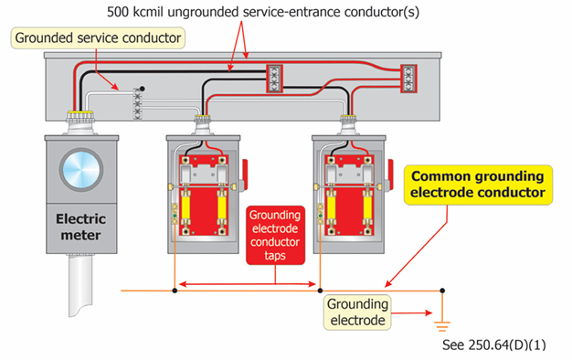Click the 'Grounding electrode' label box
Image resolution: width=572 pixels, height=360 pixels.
359,312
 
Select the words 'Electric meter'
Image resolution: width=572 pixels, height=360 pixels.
82,227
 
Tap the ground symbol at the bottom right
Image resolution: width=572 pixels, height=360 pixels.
442,324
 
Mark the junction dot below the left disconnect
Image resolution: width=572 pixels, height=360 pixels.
175,292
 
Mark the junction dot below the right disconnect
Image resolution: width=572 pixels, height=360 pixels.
320,292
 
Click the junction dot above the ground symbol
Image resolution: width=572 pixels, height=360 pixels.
442,292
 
